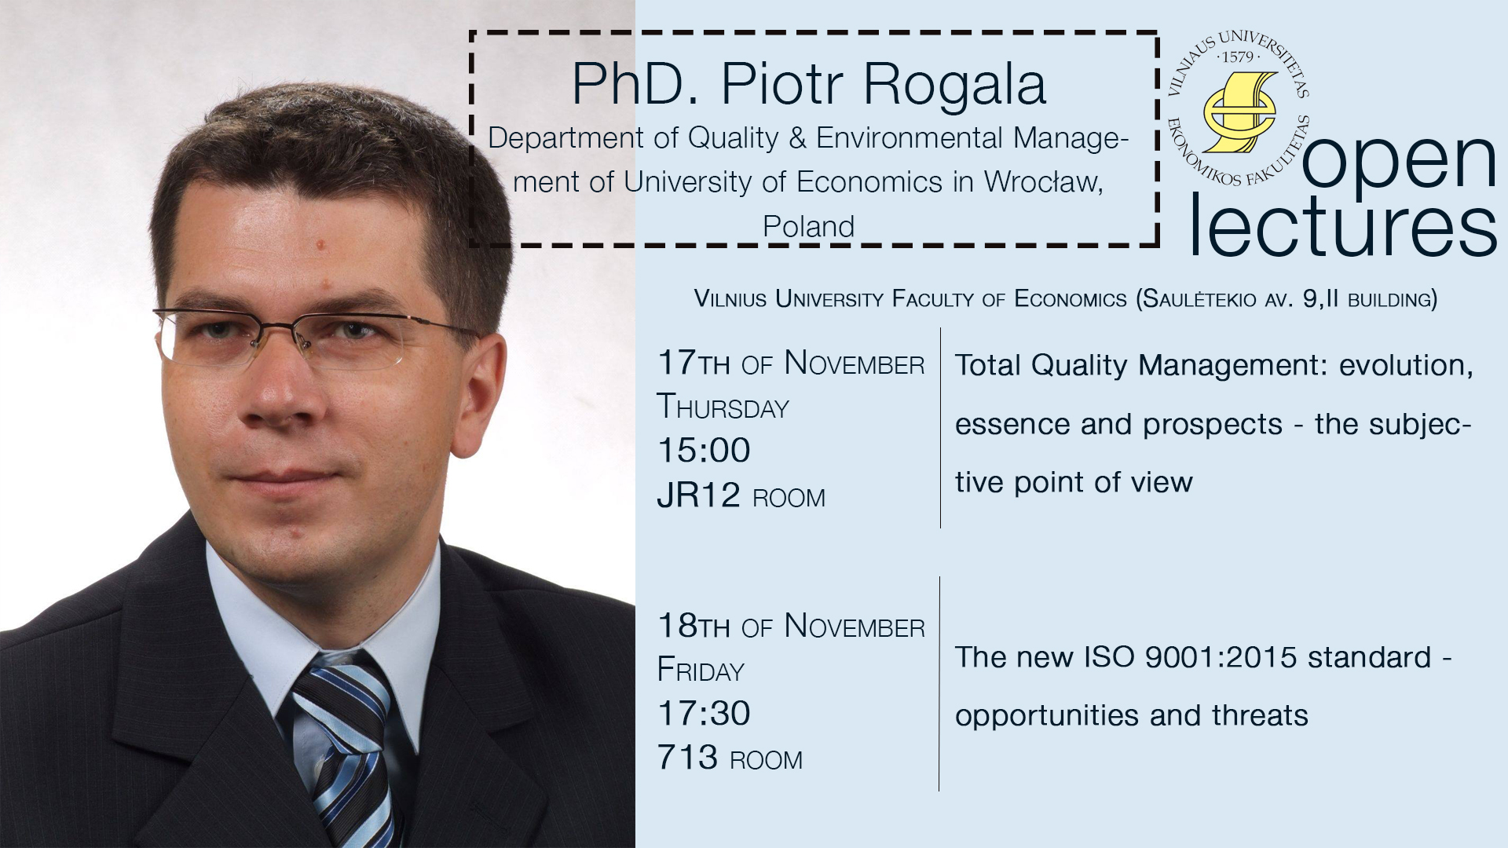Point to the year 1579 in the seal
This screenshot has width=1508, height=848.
pos(1238,57)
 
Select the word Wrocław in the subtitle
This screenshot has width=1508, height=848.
pos(1044,182)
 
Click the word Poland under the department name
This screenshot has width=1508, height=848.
pos(808,226)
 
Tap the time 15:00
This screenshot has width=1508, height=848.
pos(704,451)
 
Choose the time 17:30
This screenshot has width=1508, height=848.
pos(704,714)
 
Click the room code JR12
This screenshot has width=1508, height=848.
pos(699,495)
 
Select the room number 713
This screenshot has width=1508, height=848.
pos(687,758)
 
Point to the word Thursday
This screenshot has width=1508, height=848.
pos(723,407)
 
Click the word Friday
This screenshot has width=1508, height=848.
pos(701,670)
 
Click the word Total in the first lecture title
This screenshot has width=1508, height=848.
pos(988,365)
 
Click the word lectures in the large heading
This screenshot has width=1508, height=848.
pos(1343,225)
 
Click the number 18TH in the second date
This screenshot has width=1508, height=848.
pos(694,626)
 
